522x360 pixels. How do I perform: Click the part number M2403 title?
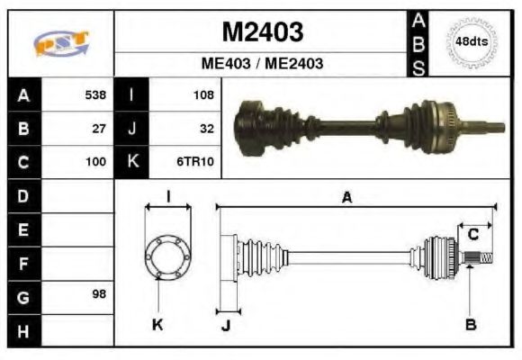tap(262, 31)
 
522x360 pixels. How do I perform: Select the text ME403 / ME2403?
tap(262, 64)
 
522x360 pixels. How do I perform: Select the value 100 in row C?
tap(94, 163)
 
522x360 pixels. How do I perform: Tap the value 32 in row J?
tap(206, 129)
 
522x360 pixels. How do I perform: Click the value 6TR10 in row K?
tap(198, 163)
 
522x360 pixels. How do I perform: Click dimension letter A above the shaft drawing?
tap(346, 197)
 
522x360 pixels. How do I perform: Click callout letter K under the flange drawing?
tap(157, 324)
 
